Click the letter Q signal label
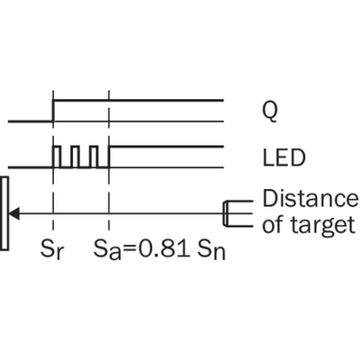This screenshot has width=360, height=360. [270, 112]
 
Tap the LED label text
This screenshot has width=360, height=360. [283, 157]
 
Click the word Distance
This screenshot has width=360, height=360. [310, 198]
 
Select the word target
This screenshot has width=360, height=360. [323, 225]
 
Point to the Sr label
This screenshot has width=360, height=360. [52, 249]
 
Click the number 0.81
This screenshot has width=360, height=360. [165, 248]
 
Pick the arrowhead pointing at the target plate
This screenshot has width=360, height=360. [14, 213]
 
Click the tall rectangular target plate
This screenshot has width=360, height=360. [4, 213]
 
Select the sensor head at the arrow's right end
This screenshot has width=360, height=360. [238, 213]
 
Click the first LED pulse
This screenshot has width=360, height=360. [56, 157]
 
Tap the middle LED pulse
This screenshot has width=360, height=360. [75, 157]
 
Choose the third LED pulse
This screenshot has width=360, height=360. [94, 157]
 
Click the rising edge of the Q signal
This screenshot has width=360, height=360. [53, 111]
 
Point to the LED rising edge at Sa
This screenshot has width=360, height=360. [110, 157]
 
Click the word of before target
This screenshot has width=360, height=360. [273, 225]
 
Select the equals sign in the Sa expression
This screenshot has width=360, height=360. [130, 250]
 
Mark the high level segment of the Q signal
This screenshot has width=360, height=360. [139, 100]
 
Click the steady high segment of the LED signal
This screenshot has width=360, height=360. [166, 147]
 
